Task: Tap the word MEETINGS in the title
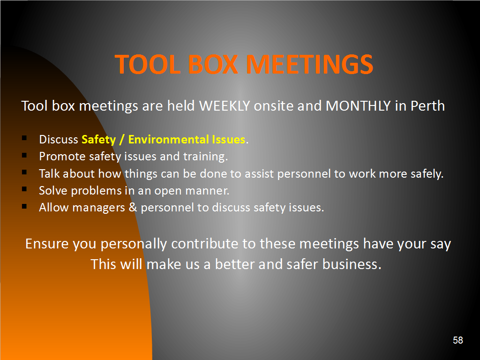[310, 64]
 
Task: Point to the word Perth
[427, 106]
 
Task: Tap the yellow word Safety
[98, 140]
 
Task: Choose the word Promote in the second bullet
[62, 157]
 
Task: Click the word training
[205, 157]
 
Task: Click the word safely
[427, 173]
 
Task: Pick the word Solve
[53, 190]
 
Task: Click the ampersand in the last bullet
[133, 207]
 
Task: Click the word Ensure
[46, 244]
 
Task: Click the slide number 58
[458, 340]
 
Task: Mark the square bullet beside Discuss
[24, 138]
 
